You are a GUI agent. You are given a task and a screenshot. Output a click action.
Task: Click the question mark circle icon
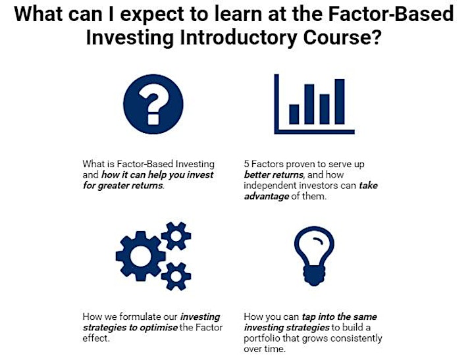coord(153,104)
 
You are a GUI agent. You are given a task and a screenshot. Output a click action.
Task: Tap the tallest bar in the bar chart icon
coord(340,101)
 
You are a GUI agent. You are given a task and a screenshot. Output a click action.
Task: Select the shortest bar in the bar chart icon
coord(294,115)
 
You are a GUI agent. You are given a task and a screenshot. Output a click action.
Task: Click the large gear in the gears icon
coord(140,256)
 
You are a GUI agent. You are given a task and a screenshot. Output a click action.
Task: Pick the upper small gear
coord(176,236)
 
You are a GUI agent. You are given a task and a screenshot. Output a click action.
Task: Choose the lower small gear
coord(176,276)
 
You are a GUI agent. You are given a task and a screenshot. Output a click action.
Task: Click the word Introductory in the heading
coord(238,38)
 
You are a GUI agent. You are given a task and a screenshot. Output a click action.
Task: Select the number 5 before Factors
coord(246,164)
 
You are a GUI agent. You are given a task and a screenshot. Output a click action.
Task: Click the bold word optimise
coord(159,328)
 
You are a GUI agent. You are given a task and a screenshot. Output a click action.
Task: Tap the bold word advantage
coord(267,197)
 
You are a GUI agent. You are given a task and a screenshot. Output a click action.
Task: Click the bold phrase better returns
coord(273,174)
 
